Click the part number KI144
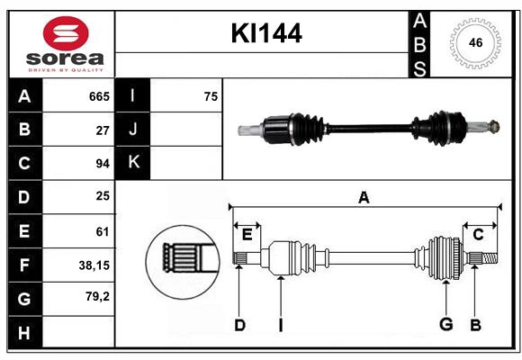click(x=266, y=34)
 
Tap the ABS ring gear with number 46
click(x=474, y=42)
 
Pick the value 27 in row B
click(x=103, y=130)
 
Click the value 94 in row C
click(x=103, y=164)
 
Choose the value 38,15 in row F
click(x=94, y=265)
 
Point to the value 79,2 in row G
click(x=97, y=295)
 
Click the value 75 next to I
click(x=211, y=96)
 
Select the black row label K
click(x=133, y=163)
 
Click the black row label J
click(x=133, y=130)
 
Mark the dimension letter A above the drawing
click(x=364, y=197)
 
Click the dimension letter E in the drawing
click(x=247, y=235)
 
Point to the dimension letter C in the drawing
click(x=478, y=235)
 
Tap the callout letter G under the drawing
click(x=445, y=324)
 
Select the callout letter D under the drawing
click(x=239, y=324)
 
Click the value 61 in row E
click(x=103, y=231)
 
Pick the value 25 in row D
click(x=103, y=196)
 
